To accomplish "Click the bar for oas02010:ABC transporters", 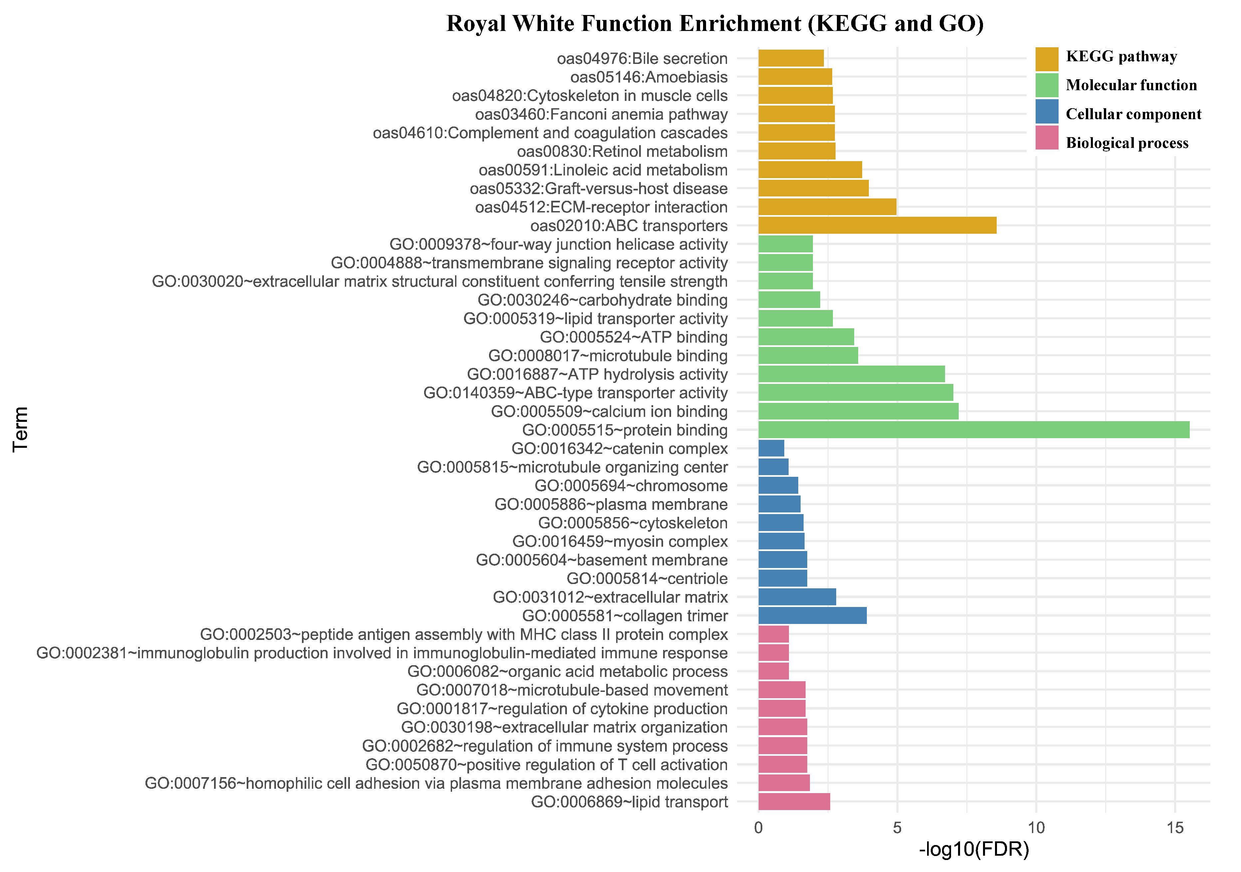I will (x=877, y=225).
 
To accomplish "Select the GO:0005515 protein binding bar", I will (x=973, y=430).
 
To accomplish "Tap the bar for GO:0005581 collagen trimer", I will (x=812, y=616).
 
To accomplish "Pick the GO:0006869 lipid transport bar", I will (x=794, y=802).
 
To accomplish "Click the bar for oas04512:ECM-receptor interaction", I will (x=827, y=207).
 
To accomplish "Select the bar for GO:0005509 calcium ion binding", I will (x=858, y=412).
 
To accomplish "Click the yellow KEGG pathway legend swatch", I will (x=1046, y=59).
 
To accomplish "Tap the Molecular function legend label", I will (x=1131, y=86).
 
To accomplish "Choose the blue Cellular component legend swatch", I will (x=1046, y=111).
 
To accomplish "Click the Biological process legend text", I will (x=1127, y=143).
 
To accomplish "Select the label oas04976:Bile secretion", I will (x=642, y=58).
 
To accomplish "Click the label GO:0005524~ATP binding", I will (x=633, y=337).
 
